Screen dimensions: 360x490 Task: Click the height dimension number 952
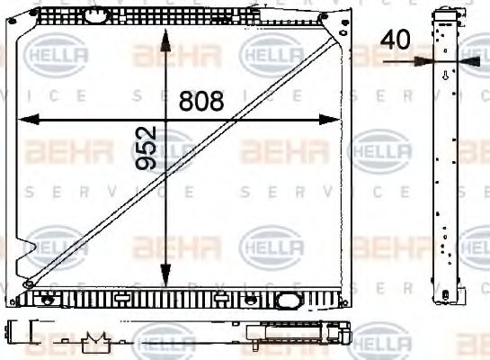pyautogui.click(x=147, y=148)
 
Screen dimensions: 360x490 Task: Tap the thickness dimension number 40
pyautogui.click(x=395, y=40)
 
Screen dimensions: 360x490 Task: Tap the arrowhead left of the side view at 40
pyautogui.click(x=423, y=61)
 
